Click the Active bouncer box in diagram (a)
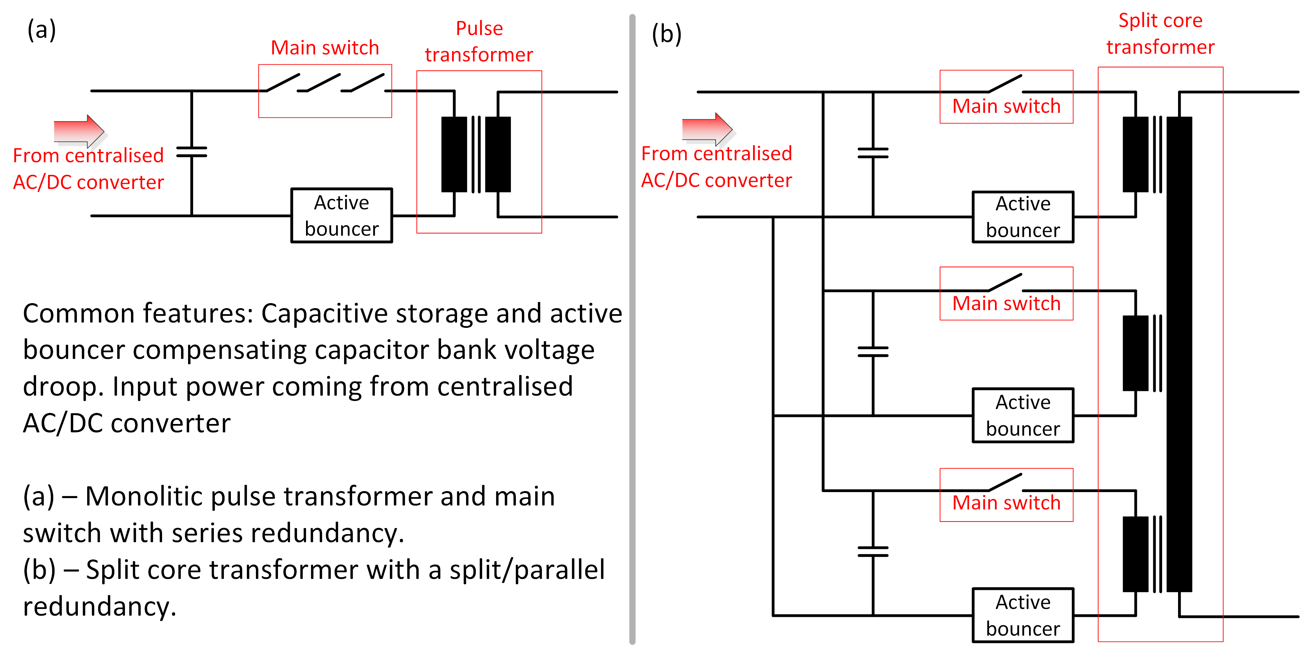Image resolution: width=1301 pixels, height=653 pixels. click(341, 215)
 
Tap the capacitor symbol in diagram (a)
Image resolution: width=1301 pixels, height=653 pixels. click(191, 152)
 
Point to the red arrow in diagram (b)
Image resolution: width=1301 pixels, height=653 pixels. click(707, 129)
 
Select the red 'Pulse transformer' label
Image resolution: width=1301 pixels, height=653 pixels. click(479, 41)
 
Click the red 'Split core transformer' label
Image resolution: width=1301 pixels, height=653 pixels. click(1160, 33)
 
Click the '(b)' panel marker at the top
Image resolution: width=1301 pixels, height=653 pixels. click(666, 34)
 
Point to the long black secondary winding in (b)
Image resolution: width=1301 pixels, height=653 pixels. click(1179, 353)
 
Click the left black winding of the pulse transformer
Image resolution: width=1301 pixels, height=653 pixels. click(454, 155)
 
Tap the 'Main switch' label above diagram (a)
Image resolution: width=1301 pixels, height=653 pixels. click(325, 48)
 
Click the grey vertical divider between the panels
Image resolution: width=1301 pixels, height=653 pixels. click(632, 328)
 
